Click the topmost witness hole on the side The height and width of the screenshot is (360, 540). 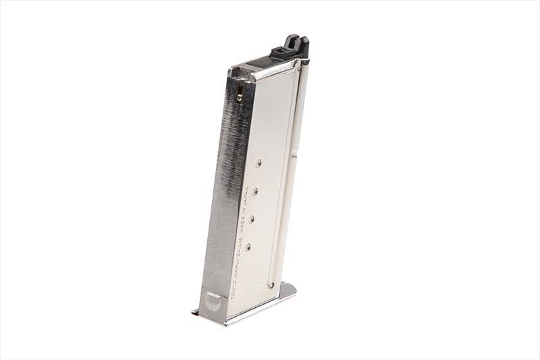click(x=259, y=162)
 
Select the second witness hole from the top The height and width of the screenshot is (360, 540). click(x=254, y=190)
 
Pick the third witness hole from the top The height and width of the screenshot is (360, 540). click(x=251, y=218)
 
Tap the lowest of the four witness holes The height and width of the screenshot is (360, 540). click(x=247, y=247)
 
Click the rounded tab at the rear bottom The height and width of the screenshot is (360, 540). click(x=212, y=301)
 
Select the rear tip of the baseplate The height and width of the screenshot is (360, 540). click(x=195, y=311)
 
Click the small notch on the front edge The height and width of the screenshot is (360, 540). click(x=295, y=157)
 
